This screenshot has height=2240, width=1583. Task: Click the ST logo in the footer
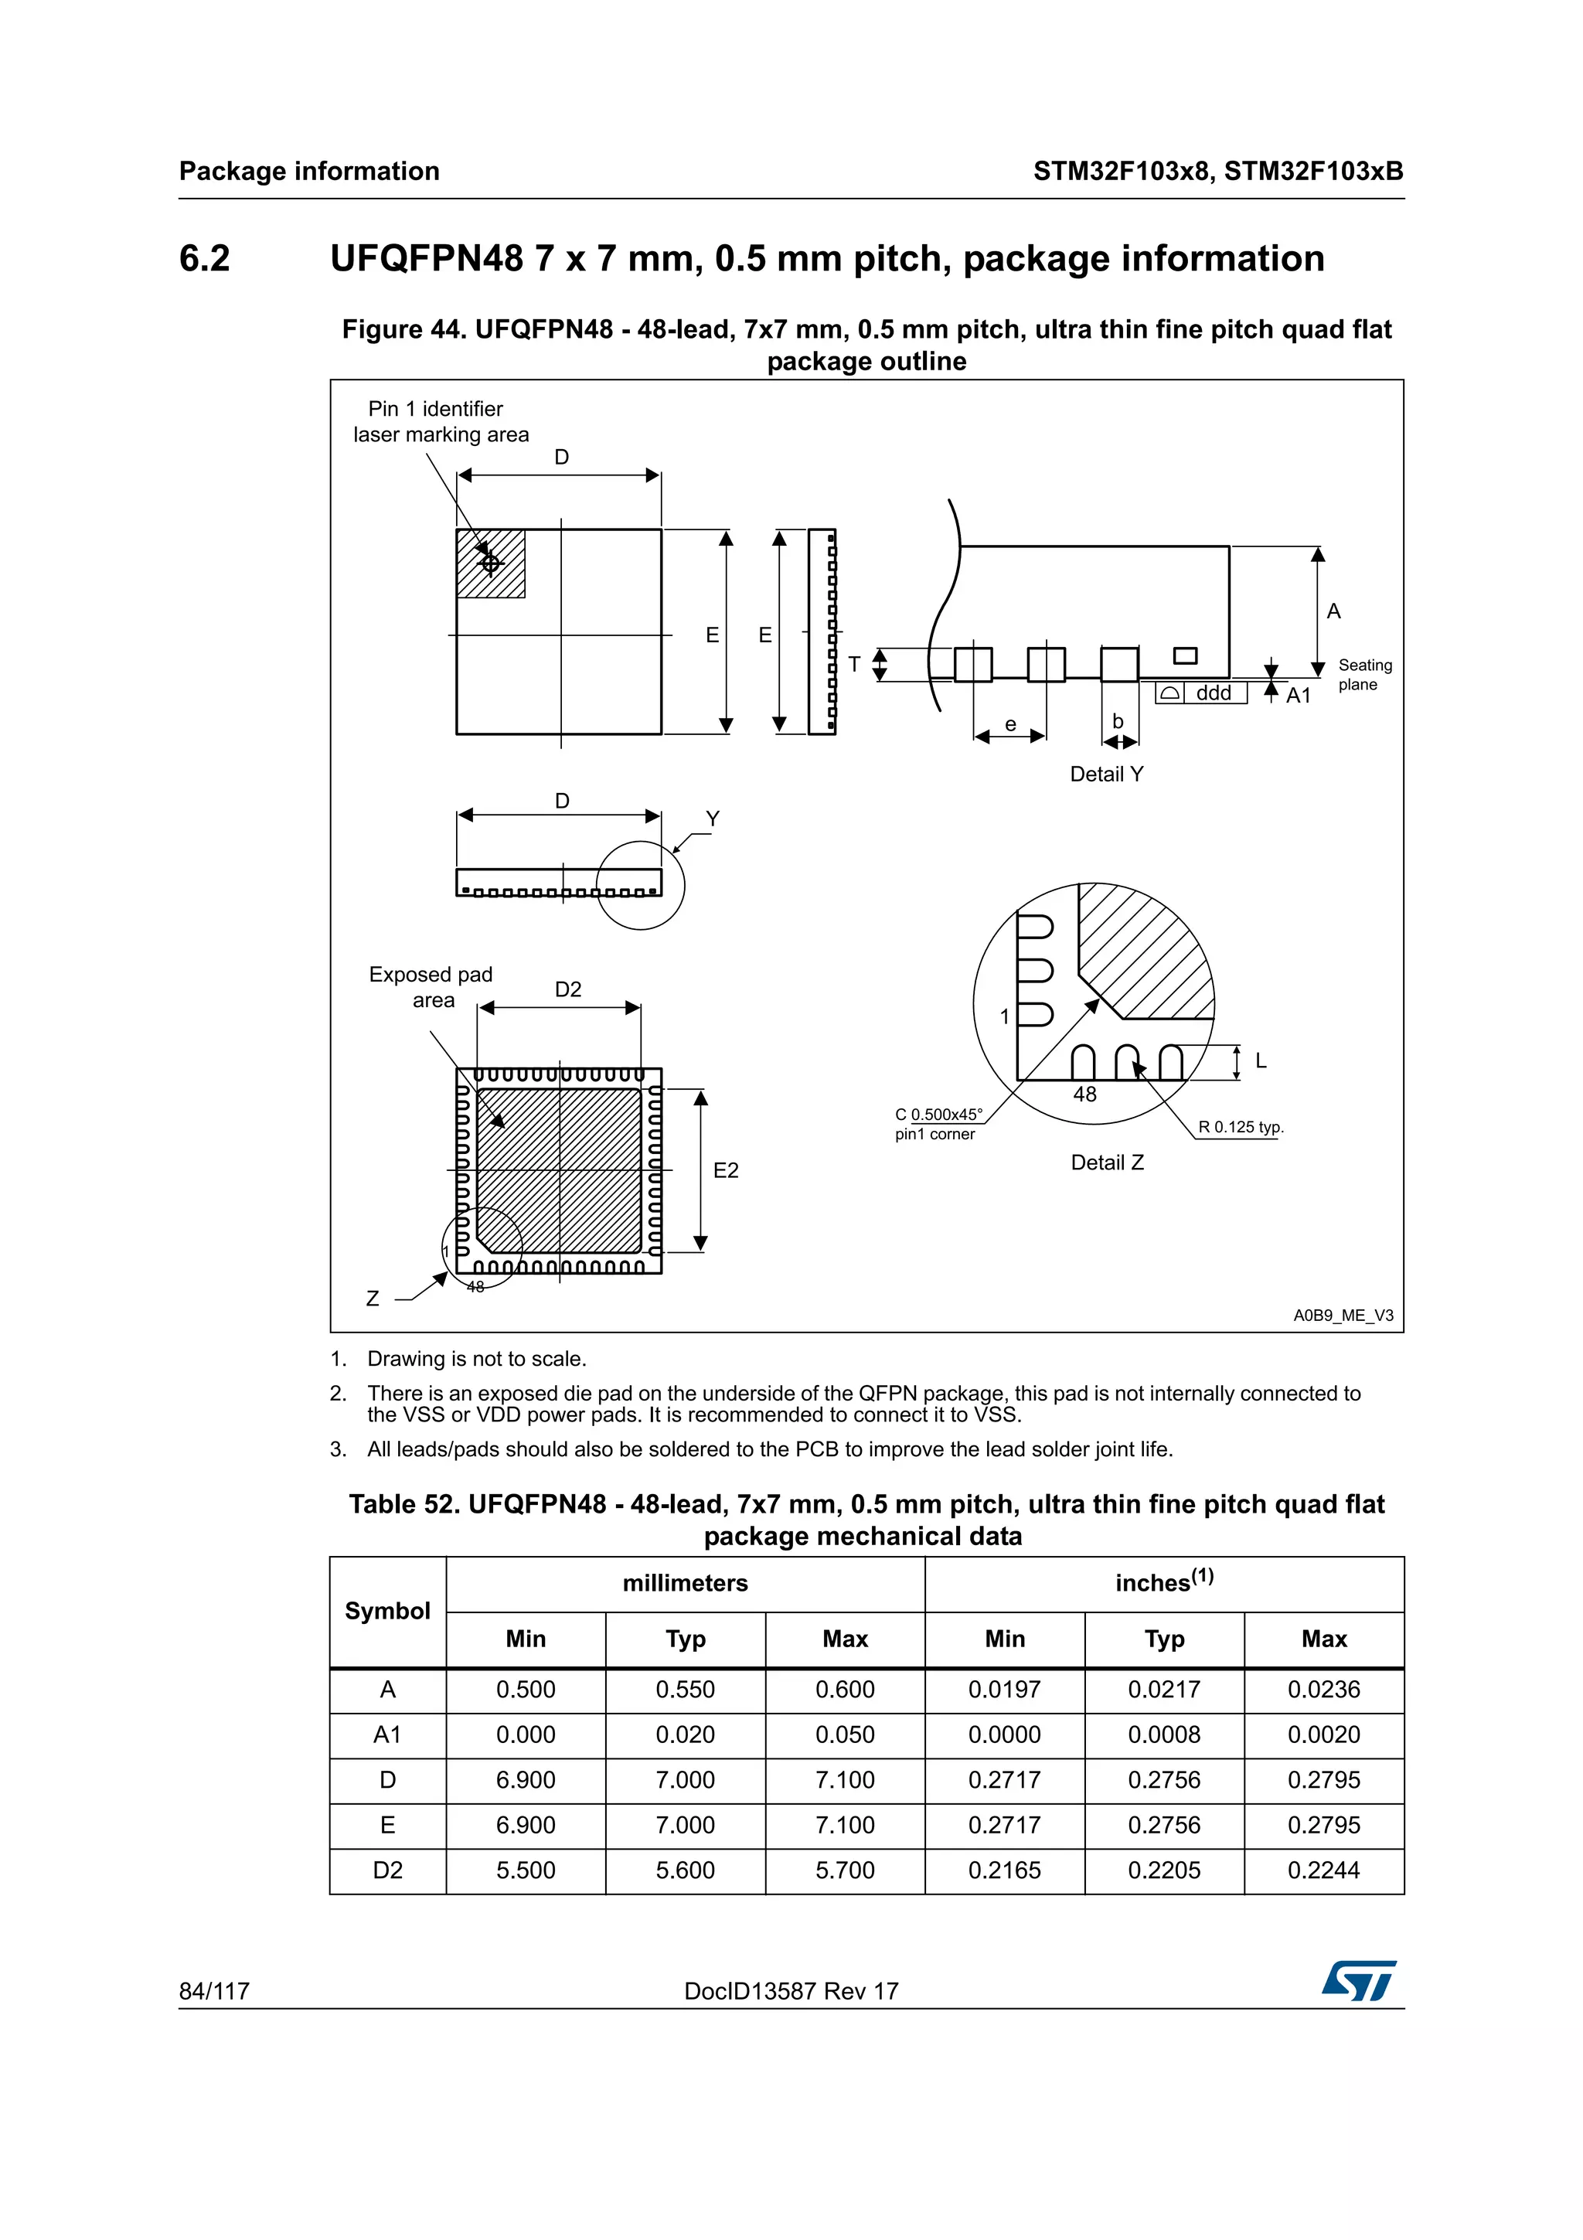(1359, 1980)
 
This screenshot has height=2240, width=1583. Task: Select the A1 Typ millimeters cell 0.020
(685, 1734)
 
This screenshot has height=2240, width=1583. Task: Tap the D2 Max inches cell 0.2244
(1323, 1871)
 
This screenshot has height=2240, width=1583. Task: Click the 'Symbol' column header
(387, 1611)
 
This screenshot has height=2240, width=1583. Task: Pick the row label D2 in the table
(387, 1871)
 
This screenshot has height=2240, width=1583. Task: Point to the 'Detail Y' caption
(1106, 774)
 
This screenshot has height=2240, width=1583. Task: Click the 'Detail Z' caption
(1107, 1162)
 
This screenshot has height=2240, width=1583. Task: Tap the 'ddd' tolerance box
(1214, 693)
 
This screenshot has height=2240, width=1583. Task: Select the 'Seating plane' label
(1364, 674)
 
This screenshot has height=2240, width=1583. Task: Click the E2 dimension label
(726, 1169)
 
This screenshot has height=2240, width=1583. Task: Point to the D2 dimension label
(567, 989)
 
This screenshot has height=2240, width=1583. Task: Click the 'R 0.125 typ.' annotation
(1241, 1127)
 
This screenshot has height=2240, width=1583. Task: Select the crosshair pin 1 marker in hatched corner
(491, 563)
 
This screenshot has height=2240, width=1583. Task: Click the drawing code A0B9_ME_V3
(1343, 1315)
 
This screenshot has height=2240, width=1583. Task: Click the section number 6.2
(205, 258)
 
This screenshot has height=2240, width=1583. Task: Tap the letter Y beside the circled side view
(713, 819)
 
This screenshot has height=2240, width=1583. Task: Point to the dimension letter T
(854, 665)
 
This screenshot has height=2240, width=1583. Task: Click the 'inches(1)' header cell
(1163, 1581)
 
